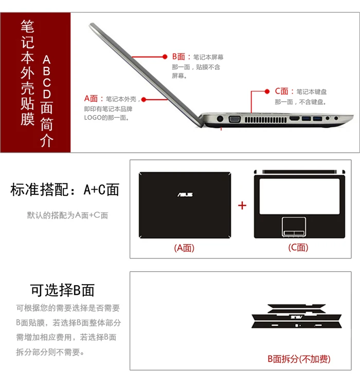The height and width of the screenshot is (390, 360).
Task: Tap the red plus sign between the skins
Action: point(242,206)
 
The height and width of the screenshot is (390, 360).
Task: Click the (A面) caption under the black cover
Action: point(184,248)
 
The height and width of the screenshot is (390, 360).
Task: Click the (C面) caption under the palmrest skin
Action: point(298,248)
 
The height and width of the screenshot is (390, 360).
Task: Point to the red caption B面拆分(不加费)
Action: point(299,359)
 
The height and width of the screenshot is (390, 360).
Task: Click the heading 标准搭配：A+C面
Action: point(65,190)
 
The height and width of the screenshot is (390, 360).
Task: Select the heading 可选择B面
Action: point(62,290)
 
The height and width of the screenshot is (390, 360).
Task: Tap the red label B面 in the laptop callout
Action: point(181,57)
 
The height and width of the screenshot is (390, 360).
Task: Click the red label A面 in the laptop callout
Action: point(91,98)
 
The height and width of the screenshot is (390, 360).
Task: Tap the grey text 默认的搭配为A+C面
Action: point(67,215)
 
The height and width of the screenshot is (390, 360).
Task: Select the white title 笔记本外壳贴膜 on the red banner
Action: point(27,72)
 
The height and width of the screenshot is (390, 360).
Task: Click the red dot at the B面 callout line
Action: point(166,57)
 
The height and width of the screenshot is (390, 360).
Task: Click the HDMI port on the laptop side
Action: point(295,119)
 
